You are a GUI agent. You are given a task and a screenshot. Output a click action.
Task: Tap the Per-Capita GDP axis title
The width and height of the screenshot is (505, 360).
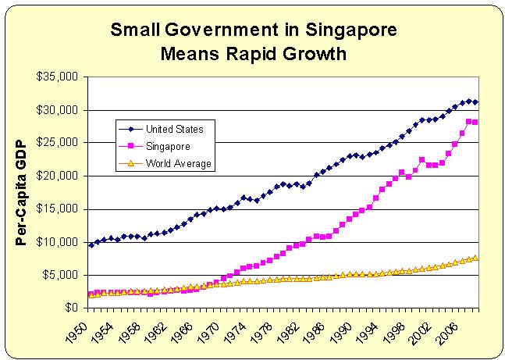coord(23,192)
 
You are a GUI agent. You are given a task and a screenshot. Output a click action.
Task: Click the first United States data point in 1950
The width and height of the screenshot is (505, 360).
coord(91,245)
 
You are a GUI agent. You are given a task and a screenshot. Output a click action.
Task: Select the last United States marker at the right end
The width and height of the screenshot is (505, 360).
coord(475,102)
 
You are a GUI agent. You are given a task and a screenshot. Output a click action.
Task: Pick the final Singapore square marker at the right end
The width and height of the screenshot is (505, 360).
coord(475,123)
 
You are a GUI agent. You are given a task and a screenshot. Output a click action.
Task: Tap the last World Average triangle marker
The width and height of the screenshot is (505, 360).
coord(475,258)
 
